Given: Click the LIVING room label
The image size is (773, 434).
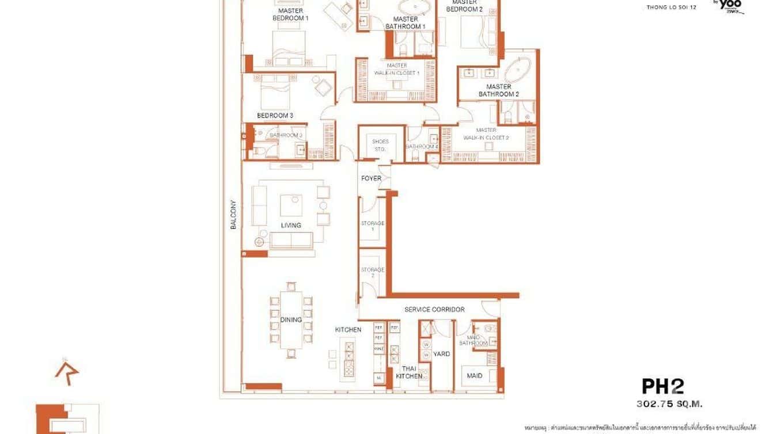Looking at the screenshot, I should (x=291, y=225).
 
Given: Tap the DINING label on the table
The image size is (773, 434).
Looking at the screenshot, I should (x=291, y=319).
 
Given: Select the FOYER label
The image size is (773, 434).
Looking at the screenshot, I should (x=371, y=178).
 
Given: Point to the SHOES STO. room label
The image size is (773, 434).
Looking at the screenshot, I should (x=380, y=145).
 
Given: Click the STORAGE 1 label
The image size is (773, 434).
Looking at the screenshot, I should (x=373, y=226).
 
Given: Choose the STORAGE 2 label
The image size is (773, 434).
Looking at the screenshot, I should (x=373, y=273).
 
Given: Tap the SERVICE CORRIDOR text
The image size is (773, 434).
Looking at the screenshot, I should (x=434, y=310).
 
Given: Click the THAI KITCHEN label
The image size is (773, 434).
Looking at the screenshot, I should (x=409, y=372).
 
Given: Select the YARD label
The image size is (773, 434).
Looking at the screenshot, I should (x=441, y=354).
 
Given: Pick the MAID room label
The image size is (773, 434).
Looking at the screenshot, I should (x=475, y=376).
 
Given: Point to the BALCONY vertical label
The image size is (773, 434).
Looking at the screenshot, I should (x=234, y=215).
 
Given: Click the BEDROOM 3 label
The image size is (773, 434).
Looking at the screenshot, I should (x=275, y=116).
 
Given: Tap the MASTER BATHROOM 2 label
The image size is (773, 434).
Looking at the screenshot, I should (x=498, y=90).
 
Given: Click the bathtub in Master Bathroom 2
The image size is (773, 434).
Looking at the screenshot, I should (x=520, y=71).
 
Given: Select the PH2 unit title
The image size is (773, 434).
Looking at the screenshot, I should (x=662, y=386).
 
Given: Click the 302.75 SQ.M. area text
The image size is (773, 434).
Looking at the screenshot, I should (x=669, y=404).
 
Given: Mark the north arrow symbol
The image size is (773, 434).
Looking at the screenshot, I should (x=66, y=370).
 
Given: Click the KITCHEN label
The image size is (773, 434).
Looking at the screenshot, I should (x=348, y=330).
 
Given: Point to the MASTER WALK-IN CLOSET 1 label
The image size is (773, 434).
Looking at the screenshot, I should (x=397, y=70).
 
